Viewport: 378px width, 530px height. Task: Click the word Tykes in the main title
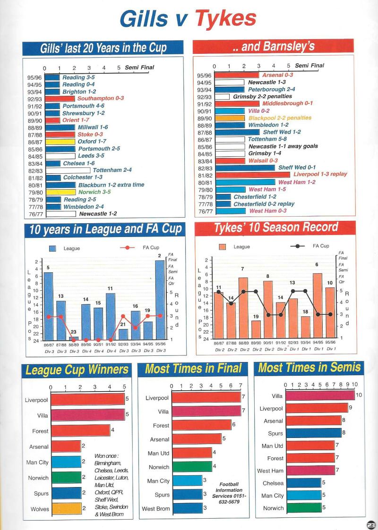coord(226,19)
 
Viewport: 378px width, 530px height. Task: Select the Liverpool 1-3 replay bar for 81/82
coord(253,175)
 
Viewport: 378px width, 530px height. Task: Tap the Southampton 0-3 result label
coord(101,98)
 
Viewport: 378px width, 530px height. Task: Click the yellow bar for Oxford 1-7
coord(60,142)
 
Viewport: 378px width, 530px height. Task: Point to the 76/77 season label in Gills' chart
coord(35,214)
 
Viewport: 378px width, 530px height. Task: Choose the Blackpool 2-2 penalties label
coord(280,118)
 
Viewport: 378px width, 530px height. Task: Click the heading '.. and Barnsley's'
coord(274,47)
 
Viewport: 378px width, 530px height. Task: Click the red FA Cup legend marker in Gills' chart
coord(127,247)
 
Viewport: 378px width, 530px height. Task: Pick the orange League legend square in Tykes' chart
coord(223,247)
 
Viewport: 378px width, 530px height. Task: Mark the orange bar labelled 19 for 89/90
coord(256,329)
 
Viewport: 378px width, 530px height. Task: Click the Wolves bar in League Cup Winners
coord(66,509)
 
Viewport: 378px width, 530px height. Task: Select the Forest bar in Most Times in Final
coord(201,425)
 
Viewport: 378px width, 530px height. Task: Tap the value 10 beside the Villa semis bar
coord(359,395)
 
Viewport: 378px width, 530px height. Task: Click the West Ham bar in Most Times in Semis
coord(310,470)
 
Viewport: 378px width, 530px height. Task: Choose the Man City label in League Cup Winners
coord(37,462)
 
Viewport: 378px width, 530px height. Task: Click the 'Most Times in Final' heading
coord(193,369)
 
